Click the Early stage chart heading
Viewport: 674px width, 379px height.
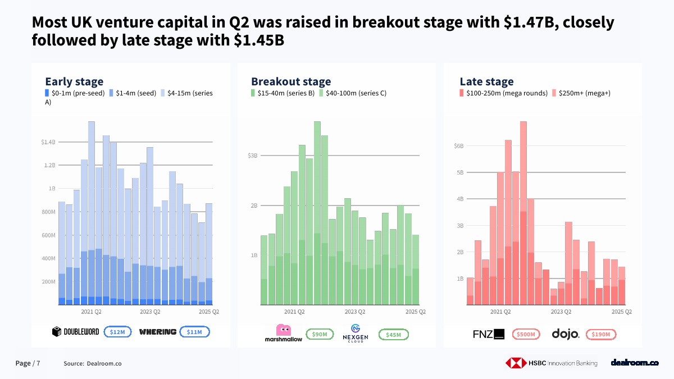pyautogui.click(x=74, y=81)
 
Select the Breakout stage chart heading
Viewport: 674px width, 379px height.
pyautogui.click(x=291, y=81)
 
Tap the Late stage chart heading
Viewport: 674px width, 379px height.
pyautogui.click(x=486, y=81)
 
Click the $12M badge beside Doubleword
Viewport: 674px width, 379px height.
pyautogui.click(x=118, y=332)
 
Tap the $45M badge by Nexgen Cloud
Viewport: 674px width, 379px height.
pyautogui.click(x=394, y=335)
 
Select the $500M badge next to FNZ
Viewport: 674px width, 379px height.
pyautogui.click(x=526, y=335)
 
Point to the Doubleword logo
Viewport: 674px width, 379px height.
pyautogui.click(x=75, y=332)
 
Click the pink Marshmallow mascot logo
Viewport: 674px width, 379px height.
pyautogui.click(x=283, y=330)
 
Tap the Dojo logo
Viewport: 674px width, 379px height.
pyautogui.click(x=565, y=334)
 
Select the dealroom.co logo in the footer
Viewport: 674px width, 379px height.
pyautogui.click(x=634, y=363)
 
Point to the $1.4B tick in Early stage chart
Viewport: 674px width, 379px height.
pyautogui.click(x=48, y=142)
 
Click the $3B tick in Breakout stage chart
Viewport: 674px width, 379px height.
pyautogui.click(x=252, y=156)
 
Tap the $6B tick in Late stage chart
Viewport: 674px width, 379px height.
pyautogui.click(x=459, y=146)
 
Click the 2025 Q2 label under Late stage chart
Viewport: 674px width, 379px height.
pyautogui.click(x=622, y=311)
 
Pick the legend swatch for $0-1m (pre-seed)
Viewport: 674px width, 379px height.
pyautogui.click(x=48, y=93)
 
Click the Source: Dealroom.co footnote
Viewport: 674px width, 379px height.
pyautogui.click(x=93, y=364)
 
